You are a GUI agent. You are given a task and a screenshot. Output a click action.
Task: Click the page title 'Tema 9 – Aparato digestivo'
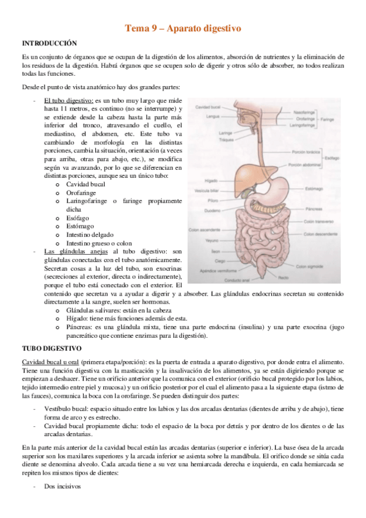pos(183,28)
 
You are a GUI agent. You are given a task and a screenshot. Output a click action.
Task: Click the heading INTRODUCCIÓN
pos(49,43)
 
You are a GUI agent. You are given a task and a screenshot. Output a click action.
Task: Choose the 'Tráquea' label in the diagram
pos(211,140)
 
